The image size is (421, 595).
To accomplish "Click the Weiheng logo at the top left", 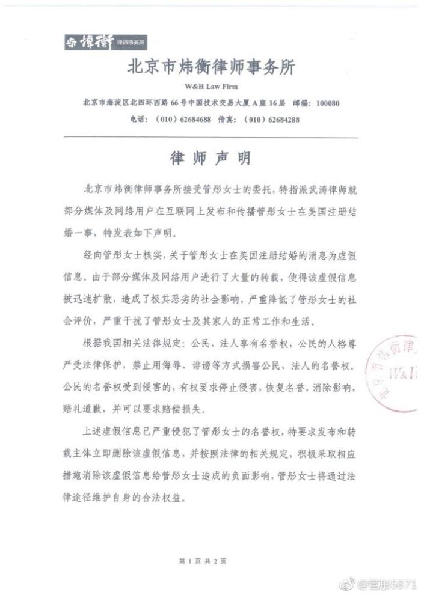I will (x=106, y=42).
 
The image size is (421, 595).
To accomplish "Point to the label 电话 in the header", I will (x=138, y=120).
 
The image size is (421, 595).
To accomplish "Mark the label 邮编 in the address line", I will (x=303, y=103).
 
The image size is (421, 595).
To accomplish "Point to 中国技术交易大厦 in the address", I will (x=216, y=103).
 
